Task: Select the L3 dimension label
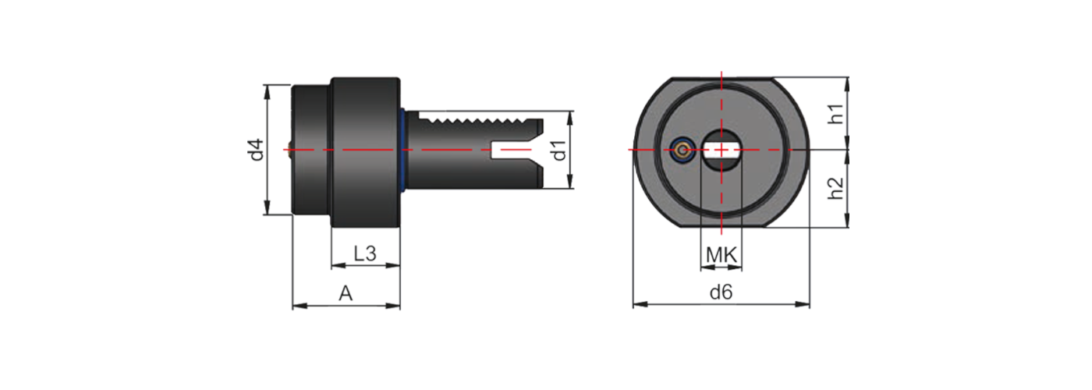365,253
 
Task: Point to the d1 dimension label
558,150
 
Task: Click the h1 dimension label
835,114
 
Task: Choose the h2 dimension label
835,188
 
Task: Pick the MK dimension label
721,254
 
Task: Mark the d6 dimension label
721,292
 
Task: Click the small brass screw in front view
683,150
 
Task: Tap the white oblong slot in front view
721,149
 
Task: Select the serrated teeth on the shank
476,121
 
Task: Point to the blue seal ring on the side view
403,150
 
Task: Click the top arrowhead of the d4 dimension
268,88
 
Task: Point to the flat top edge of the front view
721,79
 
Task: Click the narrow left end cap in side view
310,150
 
